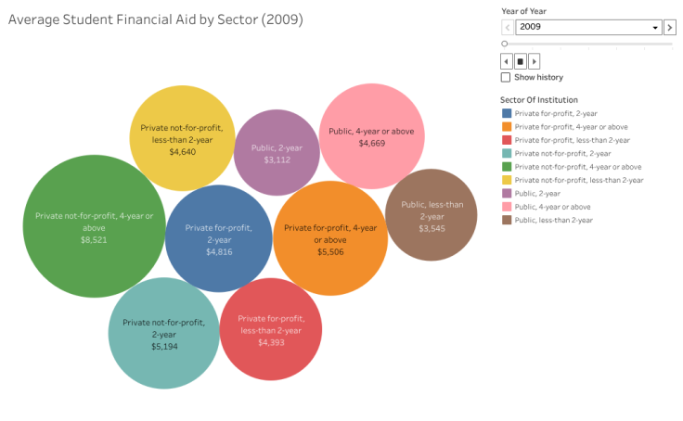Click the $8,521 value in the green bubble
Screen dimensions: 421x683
94,239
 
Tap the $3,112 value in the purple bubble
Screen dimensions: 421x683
277,159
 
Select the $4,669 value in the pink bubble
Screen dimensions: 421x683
371,144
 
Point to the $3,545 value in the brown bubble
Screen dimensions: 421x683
432,228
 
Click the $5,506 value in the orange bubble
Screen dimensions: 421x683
329,251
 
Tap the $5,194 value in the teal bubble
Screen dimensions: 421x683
164,346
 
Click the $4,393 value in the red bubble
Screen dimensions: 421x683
271,342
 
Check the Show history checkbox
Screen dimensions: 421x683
506,77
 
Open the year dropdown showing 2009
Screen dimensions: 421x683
588,27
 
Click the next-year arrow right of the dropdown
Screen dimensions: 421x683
670,27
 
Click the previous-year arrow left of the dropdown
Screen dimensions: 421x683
507,27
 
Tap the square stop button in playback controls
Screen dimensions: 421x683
521,61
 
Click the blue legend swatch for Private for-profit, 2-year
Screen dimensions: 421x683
506,113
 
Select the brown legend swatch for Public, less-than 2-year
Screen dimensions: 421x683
506,220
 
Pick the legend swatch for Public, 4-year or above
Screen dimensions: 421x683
506,207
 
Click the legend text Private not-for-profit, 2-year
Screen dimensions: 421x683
562,153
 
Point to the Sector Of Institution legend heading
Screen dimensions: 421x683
539,99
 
